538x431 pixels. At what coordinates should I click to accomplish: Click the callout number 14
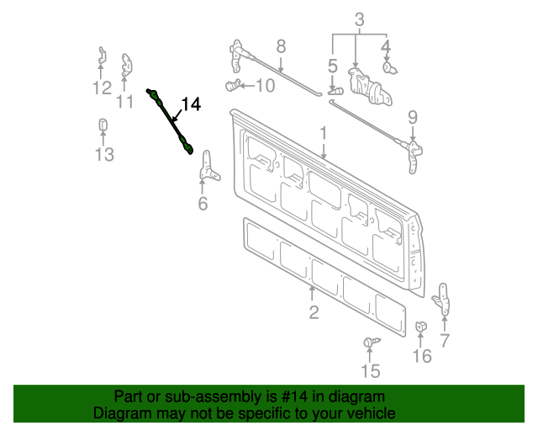coord(191,104)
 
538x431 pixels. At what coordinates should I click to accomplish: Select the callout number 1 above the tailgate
coord(321,133)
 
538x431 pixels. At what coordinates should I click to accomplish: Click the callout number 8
coord(281,45)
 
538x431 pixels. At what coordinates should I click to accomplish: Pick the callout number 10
coord(264,85)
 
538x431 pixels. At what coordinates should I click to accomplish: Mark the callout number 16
coord(422,356)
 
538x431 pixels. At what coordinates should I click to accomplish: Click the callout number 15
coord(370,371)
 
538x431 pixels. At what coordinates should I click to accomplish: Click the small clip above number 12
coord(101,57)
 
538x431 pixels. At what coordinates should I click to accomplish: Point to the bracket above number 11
coord(127,63)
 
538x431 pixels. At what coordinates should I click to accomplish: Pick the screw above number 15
coord(370,341)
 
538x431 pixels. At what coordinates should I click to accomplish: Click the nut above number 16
coord(421,327)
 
